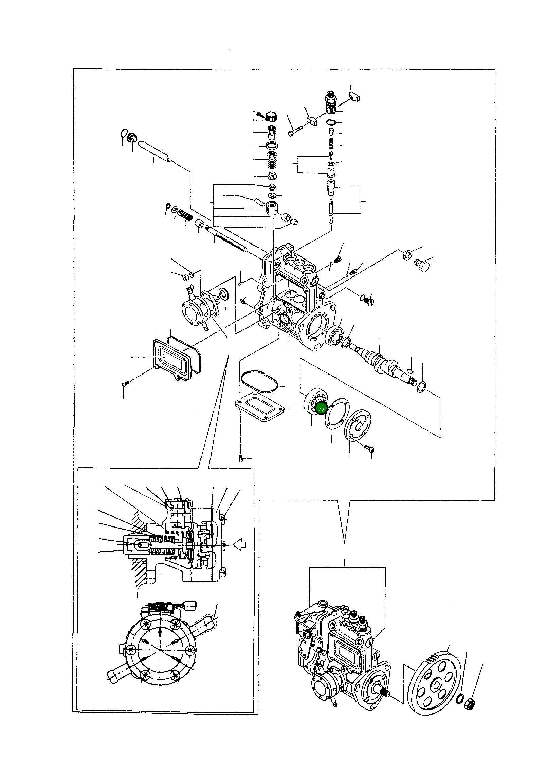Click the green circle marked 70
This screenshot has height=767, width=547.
tap(321, 409)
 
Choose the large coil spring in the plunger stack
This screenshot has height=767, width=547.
tap(271, 160)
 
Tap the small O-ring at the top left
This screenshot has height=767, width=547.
tap(124, 133)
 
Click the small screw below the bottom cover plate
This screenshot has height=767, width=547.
tap(240, 459)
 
